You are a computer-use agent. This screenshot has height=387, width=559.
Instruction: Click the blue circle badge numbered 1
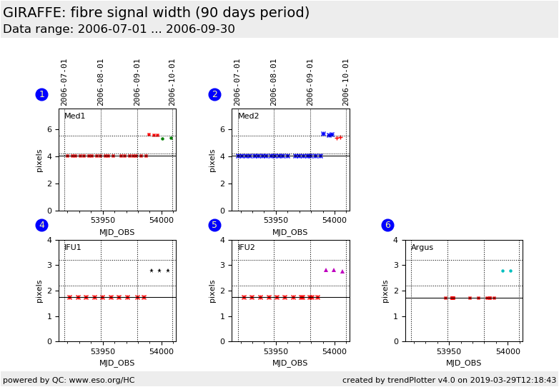pyautogui.click(x=41, y=94)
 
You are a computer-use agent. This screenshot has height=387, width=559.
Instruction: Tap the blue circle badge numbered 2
pyautogui.click(x=214, y=94)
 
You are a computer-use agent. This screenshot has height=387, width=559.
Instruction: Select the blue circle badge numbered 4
pyautogui.click(x=41, y=225)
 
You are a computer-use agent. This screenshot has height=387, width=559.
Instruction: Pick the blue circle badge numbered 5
pyautogui.click(x=214, y=225)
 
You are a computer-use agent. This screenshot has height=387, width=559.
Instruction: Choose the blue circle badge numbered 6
pyautogui.click(x=387, y=225)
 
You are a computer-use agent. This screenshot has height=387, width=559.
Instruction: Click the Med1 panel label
pyautogui.click(x=74, y=116)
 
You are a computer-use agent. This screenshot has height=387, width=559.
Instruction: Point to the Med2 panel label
pyautogui.click(x=248, y=116)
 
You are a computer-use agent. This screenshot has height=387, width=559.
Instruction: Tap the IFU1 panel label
pyautogui.click(x=73, y=248)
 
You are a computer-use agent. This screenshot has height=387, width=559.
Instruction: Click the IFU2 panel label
pyautogui.click(x=246, y=248)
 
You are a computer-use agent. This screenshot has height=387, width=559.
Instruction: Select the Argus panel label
pyautogui.click(x=422, y=248)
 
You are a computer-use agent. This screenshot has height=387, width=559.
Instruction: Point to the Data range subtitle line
pyautogui.click(x=119, y=29)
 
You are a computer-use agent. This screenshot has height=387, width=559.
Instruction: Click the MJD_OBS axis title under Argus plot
pyautogui.click(x=464, y=363)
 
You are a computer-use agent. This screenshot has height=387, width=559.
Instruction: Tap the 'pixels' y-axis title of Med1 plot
pyautogui.click(x=40, y=161)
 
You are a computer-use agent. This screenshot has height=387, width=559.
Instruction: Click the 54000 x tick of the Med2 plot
pyautogui.click(x=334, y=221)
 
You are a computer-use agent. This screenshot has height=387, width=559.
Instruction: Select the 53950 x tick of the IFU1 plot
pyautogui.click(x=102, y=351)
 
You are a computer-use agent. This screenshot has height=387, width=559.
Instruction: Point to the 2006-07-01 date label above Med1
pyautogui.click(x=64, y=81)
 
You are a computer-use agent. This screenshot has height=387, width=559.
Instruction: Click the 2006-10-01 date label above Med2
pyautogui.click(x=346, y=81)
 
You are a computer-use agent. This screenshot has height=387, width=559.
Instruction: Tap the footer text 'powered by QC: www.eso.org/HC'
pyautogui.click(x=69, y=380)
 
